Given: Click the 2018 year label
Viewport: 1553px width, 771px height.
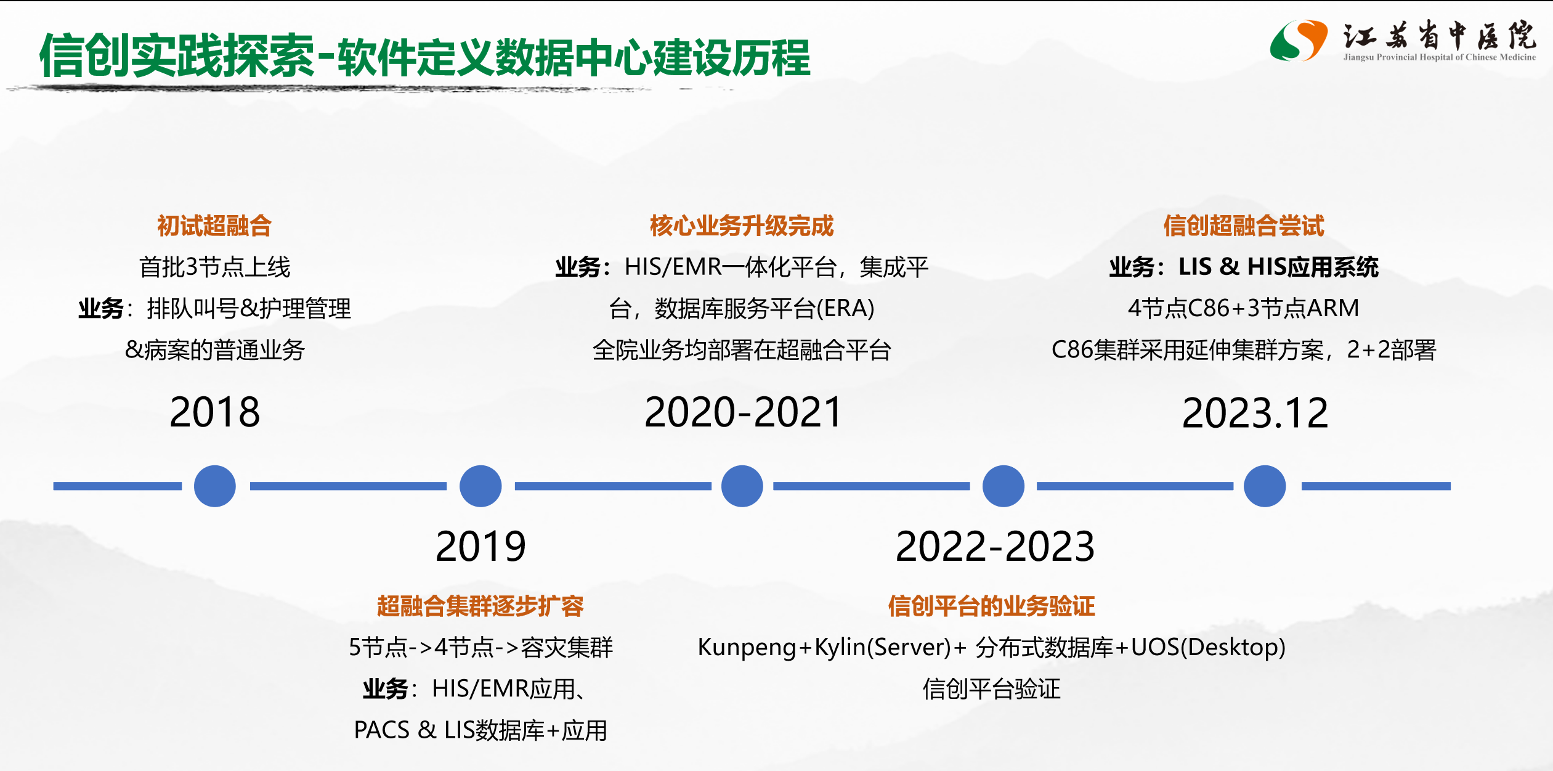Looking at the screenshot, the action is click(x=214, y=412).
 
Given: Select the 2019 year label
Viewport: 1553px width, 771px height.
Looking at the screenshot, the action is click(x=480, y=546).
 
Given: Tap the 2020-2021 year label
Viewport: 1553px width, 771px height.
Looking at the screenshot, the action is click(x=742, y=412).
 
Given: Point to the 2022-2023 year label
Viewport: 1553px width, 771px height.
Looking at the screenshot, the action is click(x=995, y=546).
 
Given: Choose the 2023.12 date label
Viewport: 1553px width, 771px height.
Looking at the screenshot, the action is click(x=1255, y=412).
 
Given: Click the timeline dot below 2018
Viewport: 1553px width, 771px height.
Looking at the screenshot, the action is click(x=214, y=486).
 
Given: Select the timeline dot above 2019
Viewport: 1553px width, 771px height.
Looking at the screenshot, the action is click(x=480, y=486).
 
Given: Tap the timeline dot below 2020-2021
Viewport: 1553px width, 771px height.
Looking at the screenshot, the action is click(x=742, y=486).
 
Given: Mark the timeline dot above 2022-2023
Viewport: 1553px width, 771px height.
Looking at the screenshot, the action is click(x=1004, y=486).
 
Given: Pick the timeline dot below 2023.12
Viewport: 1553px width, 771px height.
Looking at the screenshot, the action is click(x=1265, y=486).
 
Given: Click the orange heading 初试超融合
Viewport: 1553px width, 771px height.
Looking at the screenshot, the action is click(x=214, y=226).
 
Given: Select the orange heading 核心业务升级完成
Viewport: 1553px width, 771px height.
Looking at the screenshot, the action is click(x=742, y=226).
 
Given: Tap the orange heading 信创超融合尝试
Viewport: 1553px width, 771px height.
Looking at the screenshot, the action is click(x=1244, y=226).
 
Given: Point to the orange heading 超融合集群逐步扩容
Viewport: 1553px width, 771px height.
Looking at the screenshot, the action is click(x=480, y=606).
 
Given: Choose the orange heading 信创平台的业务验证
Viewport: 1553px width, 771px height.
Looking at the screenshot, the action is click(x=991, y=606).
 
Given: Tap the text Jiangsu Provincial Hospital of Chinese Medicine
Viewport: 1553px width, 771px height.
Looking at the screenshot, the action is click(x=1440, y=57).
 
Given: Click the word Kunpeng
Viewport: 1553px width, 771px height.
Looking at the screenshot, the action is click(x=747, y=648).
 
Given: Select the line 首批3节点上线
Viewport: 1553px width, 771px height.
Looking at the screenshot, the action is click(x=214, y=267).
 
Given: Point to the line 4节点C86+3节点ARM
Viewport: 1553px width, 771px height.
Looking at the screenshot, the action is click(x=1243, y=308).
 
